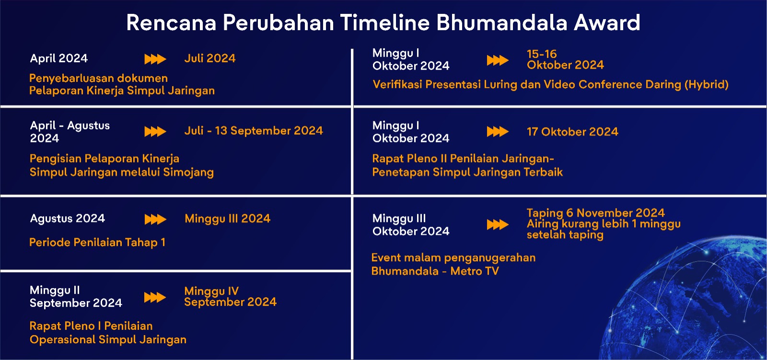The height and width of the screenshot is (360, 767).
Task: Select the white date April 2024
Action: [x=59, y=58]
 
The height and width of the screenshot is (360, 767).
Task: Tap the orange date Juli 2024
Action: [x=210, y=58]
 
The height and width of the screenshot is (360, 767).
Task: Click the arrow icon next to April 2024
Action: [x=155, y=59]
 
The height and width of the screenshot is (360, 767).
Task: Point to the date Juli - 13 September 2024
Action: [x=254, y=130]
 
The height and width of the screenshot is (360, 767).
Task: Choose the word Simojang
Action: [x=188, y=172]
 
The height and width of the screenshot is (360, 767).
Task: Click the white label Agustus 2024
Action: [x=68, y=219]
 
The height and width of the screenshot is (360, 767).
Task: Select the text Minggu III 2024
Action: [x=228, y=219]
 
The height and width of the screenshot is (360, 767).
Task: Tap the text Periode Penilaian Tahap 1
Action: [x=98, y=243]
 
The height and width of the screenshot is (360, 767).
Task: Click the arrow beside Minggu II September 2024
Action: [x=155, y=297]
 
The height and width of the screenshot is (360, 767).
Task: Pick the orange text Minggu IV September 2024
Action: [x=231, y=297]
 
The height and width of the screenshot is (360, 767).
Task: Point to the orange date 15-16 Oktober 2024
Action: [x=565, y=59]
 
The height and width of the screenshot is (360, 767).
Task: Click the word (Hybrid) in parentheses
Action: [x=707, y=84]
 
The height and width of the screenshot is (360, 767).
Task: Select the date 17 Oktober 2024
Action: [x=572, y=131]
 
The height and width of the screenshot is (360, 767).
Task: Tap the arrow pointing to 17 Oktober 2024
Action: [x=498, y=131]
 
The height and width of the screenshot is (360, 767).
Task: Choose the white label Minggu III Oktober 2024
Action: [x=411, y=225]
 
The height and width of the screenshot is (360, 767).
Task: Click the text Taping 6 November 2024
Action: [x=596, y=213]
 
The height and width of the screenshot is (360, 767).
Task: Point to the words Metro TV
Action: [x=475, y=271]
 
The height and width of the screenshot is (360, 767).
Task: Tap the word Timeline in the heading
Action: [x=385, y=23]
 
